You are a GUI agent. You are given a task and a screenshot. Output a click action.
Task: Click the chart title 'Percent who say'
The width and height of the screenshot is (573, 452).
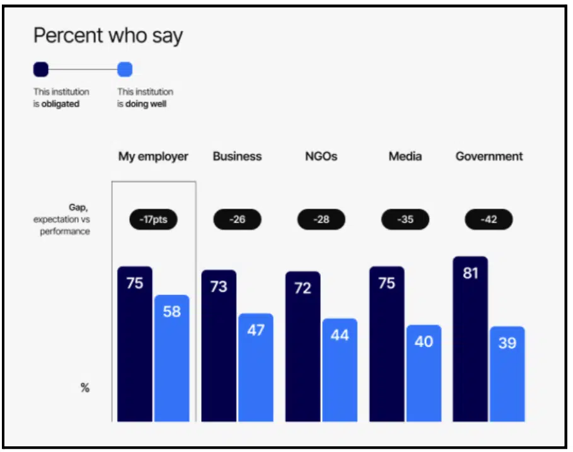(108, 35)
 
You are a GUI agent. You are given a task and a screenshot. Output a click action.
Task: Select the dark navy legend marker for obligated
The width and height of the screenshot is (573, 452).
(41, 69)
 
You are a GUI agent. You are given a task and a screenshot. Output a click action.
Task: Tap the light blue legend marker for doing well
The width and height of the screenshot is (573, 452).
(125, 69)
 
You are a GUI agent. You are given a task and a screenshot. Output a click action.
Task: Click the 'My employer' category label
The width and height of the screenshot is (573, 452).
(153, 156)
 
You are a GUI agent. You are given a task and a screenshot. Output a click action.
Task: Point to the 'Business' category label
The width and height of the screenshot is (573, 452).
(237, 156)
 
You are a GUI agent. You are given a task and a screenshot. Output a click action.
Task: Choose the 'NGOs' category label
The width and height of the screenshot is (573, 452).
(321, 156)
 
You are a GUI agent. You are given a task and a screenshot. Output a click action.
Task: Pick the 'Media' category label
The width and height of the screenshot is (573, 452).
(405, 156)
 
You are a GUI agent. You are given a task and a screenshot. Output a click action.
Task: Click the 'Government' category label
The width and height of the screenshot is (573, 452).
(489, 156)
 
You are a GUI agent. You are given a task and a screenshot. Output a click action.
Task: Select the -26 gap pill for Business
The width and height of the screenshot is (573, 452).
(237, 219)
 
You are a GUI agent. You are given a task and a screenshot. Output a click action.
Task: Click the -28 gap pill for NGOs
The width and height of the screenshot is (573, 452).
(321, 219)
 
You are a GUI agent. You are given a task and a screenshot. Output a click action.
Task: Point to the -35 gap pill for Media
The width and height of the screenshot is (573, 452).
(405, 219)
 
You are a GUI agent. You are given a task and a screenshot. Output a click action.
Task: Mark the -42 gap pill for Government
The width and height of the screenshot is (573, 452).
(489, 219)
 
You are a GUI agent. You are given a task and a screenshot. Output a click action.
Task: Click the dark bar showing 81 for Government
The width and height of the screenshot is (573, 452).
(470, 340)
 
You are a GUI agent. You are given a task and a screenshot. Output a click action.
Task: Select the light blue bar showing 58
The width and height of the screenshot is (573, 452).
(171, 359)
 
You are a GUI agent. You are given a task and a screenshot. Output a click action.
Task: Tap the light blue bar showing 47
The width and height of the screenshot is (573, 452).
(255, 369)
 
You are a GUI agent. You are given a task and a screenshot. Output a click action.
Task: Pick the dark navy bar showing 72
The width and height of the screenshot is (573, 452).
(303, 347)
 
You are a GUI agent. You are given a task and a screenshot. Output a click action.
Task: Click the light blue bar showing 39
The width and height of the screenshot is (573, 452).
(507, 375)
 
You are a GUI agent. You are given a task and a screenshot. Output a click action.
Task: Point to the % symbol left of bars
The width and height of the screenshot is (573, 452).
(84, 388)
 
